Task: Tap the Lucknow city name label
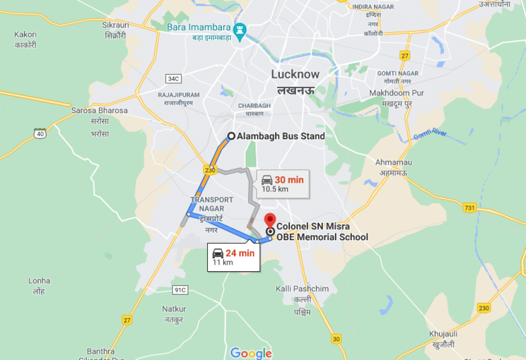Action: click(x=295, y=74)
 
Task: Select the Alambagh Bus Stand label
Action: click(x=280, y=136)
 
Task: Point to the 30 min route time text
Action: click(x=289, y=180)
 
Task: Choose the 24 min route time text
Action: click(x=240, y=253)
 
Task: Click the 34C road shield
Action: click(x=173, y=79)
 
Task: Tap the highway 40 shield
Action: click(x=39, y=133)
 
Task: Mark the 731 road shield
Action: click(x=470, y=208)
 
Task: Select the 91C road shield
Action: click(x=180, y=290)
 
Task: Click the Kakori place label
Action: click(x=25, y=35)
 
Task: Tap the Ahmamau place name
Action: click(x=393, y=162)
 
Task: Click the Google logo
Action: click(x=251, y=353)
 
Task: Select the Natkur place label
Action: click(x=174, y=309)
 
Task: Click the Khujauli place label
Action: click(x=443, y=334)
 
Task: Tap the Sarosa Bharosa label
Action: click(x=99, y=111)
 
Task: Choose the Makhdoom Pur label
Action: click(x=403, y=93)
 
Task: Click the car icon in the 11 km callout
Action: click(x=218, y=253)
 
